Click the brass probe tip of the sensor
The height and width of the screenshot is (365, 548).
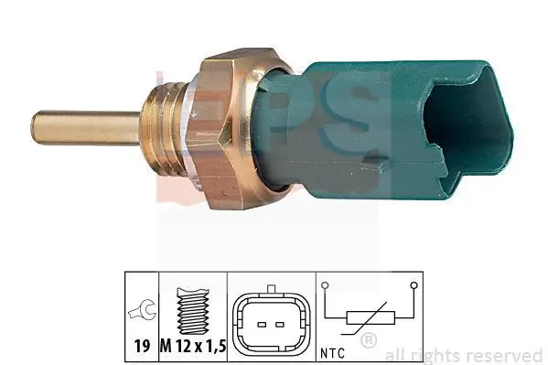(x=86, y=127)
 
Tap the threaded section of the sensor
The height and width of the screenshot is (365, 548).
(x=164, y=127)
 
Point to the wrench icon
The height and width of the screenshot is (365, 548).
(x=142, y=310)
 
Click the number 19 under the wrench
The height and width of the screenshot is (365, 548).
(x=142, y=346)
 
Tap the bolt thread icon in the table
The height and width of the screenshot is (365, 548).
(x=193, y=310)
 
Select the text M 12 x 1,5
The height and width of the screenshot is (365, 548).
(x=193, y=346)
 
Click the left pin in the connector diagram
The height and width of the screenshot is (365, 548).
(x=262, y=325)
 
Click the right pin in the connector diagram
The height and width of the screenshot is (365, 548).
(x=280, y=325)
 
